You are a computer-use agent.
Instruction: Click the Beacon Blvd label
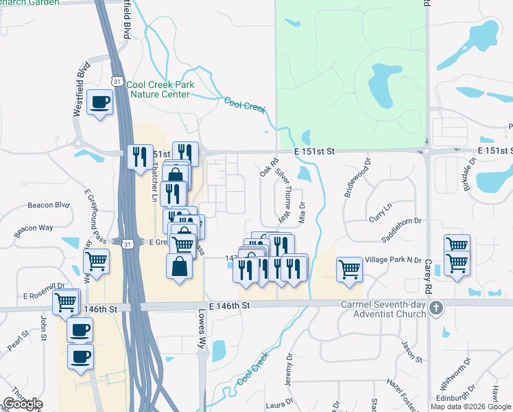point(49,205)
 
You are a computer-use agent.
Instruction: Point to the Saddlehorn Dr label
point(402,240)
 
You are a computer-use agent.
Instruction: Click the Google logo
point(23,404)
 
